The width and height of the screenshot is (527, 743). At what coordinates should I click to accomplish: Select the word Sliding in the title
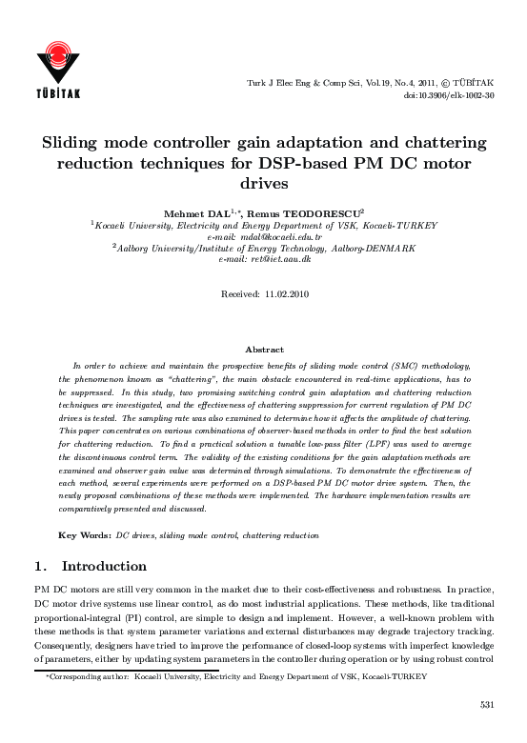click(x=77, y=143)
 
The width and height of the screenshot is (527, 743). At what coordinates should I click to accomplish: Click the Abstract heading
click(x=264, y=351)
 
